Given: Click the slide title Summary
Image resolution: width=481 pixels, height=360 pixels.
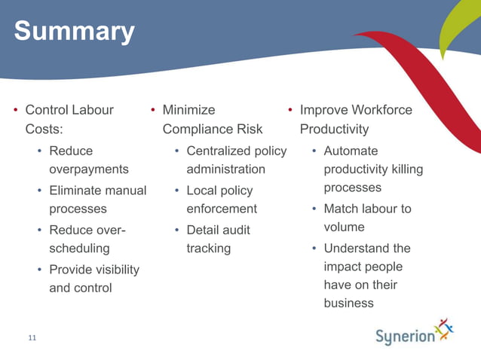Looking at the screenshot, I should coord(74,32).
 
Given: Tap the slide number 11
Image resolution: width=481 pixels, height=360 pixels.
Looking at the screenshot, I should coord(32,338).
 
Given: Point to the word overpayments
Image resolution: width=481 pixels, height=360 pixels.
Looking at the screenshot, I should coord(88,169).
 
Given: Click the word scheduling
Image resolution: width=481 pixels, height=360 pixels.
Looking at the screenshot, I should coord(79,248).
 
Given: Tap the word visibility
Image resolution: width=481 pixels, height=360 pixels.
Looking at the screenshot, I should coord(115,269).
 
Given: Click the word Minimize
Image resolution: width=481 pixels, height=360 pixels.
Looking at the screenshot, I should coord(188,110).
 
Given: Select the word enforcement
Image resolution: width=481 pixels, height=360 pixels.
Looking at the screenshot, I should coord(222,209).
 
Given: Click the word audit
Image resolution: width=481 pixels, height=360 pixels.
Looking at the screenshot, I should coord(235,230).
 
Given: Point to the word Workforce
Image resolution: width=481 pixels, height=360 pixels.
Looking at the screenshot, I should coord(376,110).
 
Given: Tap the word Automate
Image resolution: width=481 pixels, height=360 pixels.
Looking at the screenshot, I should coord(351,151).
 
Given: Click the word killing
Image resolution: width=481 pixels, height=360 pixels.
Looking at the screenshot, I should coord(406,169).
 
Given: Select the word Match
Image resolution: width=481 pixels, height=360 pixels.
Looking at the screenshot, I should coord(341,209).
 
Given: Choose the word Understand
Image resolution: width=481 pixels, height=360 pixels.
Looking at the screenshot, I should coord(357,248).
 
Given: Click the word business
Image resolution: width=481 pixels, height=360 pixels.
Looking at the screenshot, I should coord(348,303).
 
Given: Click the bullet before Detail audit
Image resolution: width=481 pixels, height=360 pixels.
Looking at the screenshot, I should coord(176,230).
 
